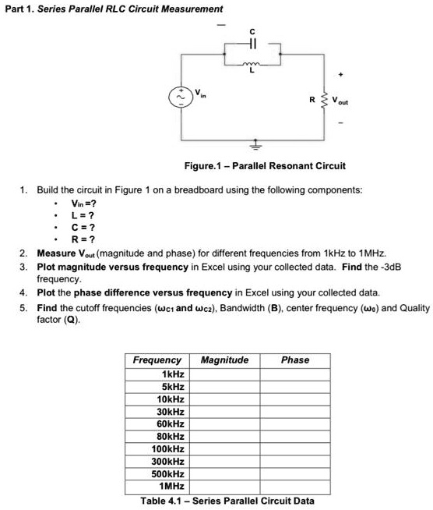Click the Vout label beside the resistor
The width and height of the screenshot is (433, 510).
[x=340, y=101]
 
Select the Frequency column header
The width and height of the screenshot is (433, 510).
[x=157, y=360]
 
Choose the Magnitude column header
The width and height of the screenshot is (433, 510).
[x=224, y=360]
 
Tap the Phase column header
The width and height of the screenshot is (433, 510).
[x=295, y=360]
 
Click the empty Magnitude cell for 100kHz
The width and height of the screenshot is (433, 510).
[x=224, y=448]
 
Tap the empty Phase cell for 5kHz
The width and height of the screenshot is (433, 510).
[x=295, y=386]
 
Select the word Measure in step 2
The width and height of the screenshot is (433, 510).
[x=55, y=253]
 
